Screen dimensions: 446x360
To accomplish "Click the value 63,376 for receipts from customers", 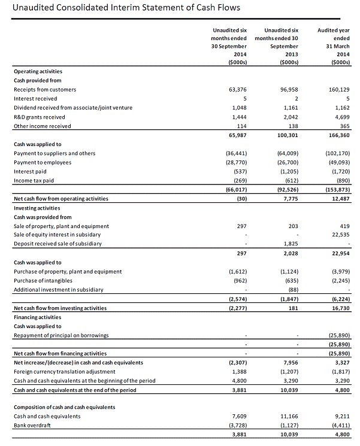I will coord(238,89).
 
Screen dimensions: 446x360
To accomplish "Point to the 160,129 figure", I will coord(339,89).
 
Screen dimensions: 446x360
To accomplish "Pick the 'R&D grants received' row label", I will coord(40,117).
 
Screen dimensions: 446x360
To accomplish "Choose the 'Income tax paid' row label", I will coord(34,180).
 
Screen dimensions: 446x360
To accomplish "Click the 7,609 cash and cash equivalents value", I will coord(240,415).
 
